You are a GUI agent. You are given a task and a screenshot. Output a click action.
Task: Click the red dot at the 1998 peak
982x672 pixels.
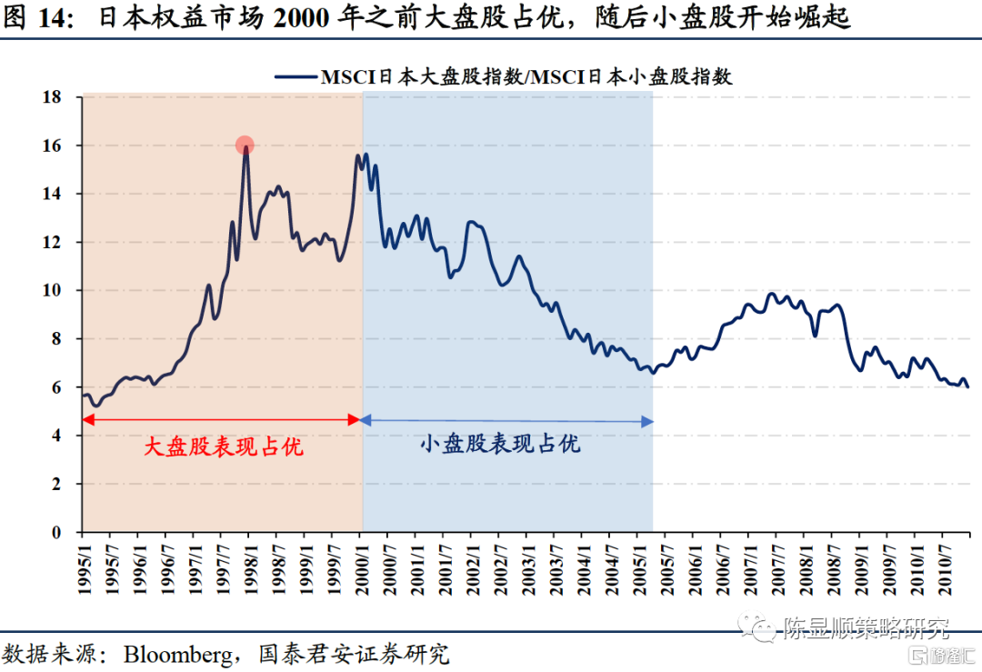pos(245,145)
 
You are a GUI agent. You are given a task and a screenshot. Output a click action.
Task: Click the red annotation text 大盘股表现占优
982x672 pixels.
pos(224,446)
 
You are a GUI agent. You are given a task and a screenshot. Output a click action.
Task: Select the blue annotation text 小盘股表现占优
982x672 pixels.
pos(500,444)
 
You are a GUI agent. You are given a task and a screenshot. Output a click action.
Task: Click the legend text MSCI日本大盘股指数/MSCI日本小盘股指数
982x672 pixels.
pos(526,77)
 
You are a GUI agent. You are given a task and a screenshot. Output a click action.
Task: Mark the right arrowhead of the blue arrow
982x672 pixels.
pos(646,421)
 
